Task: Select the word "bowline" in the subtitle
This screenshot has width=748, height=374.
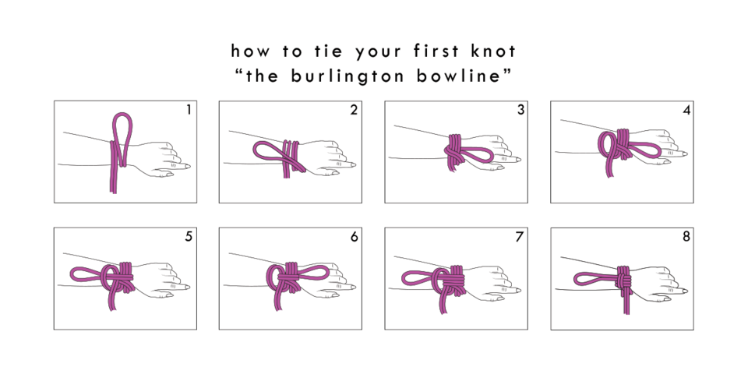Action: pyautogui.click(x=460, y=76)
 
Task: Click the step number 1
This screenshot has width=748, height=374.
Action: pyautogui.click(x=189, y=110)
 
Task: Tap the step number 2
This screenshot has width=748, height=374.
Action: pyautogui.click(x=354, y=110)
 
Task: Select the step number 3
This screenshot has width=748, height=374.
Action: pyautogui.click(x=520, y=110)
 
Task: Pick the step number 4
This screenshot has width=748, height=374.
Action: pyautogui.click(x=686, y=110)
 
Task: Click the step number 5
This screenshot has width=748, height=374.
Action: pyautogui.click(x=189, y=237)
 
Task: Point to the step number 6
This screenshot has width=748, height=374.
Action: pyautogui.click(x=354, y=237)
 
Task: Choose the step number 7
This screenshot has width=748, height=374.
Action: pyautogui.click(x=520, y=237)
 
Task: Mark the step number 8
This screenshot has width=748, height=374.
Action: pyautogui.click(x=686, y=237)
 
